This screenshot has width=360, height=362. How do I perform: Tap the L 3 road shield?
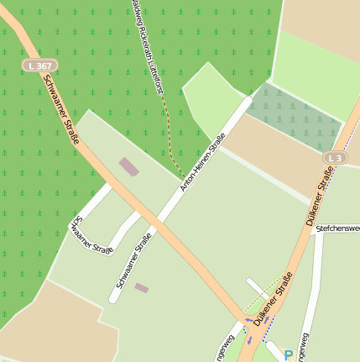(336, 158)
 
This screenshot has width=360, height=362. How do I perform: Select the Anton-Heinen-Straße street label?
(203, 161)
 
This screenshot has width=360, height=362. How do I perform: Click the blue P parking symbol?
(289, 355)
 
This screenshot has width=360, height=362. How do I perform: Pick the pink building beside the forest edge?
(128, 166)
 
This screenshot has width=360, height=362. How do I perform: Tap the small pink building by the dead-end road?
(141, 288)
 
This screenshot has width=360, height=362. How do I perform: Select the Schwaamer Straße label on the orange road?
(60, 108)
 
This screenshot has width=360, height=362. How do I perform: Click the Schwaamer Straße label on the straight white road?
(134, 261)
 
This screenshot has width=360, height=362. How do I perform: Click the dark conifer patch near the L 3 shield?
(298, 118)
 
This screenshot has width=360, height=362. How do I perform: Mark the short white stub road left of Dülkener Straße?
(256, 288)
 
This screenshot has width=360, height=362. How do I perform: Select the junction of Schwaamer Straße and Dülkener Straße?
(248, 320)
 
